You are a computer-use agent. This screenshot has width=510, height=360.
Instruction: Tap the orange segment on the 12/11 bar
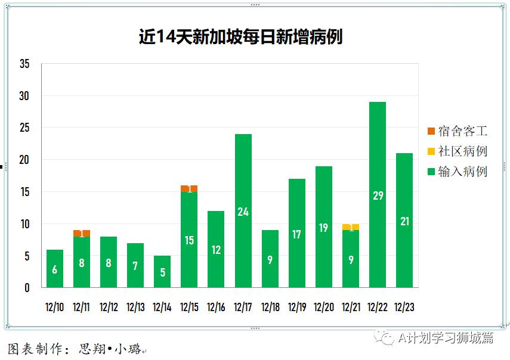[x=82, y=233]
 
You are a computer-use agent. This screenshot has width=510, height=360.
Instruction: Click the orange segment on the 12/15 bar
[x=189, y=188]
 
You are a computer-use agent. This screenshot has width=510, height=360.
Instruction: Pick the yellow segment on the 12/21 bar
[x=350, y=227]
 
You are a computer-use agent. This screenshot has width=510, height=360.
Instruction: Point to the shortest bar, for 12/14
[x=162, y=272]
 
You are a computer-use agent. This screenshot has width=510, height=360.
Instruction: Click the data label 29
[x=377, y=195]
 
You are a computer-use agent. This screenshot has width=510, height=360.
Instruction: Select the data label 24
[x=243, y=211]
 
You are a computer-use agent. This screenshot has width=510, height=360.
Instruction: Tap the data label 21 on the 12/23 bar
[x=404, y=221]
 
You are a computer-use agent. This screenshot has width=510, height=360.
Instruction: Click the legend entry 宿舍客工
[x=458, y=131]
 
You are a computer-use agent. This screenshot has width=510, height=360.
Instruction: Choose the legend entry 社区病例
[x=458, y=151]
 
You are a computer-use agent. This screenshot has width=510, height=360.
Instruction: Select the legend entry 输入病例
[x=458, y=172]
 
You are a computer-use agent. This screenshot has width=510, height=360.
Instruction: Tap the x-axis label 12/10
[x=55, y=308]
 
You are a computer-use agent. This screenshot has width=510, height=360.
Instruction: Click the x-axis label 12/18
[x=270, y=308]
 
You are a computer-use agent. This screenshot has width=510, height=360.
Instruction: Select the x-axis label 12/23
[x=404, y=308]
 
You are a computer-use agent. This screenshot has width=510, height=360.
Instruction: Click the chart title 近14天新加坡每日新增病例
[x=240, y=37]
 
